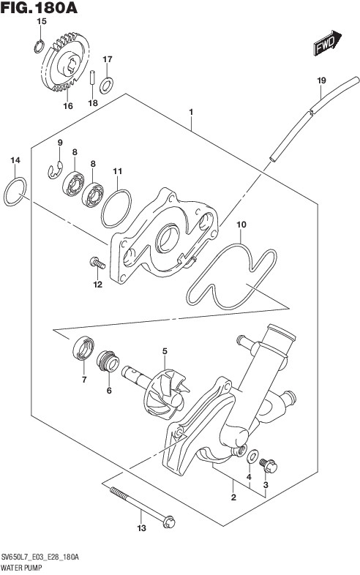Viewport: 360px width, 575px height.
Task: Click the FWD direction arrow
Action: coord(327,42)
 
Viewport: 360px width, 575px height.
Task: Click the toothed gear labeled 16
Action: coord(65,61)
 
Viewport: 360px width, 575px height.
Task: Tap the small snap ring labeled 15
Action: coord(40,47)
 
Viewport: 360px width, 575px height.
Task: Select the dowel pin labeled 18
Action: coord(93,78)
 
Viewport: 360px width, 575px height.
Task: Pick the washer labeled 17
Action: coord(106,86)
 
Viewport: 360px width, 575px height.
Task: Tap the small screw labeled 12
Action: coord(97,262)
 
